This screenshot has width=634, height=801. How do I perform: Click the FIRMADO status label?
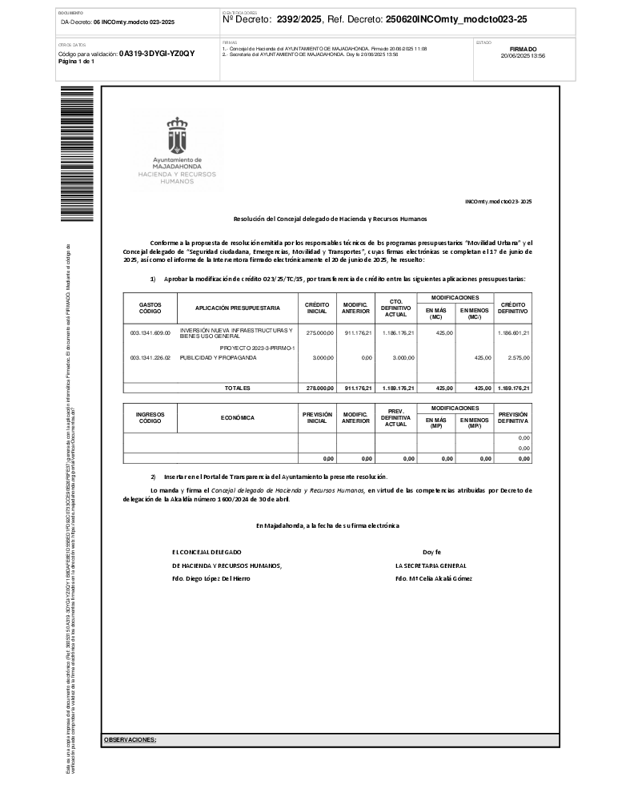523,49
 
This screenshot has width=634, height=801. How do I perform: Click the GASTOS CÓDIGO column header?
150,308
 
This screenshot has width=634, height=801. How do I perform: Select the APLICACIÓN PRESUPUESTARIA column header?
238,308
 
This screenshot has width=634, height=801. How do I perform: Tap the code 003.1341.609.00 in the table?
150,332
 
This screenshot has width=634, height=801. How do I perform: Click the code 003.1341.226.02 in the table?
150,358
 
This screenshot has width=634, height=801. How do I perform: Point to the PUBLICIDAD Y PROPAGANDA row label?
219,358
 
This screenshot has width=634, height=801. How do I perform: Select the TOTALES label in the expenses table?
237,388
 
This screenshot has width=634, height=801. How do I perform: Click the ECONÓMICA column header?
237,417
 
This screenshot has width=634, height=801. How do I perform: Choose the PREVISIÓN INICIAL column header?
317,417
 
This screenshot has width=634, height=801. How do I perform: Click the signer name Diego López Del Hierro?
211,578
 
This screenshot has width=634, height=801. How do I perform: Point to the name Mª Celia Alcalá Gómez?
433,578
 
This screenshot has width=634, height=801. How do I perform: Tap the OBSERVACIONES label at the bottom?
130,740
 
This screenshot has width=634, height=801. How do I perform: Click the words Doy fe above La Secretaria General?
432,552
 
